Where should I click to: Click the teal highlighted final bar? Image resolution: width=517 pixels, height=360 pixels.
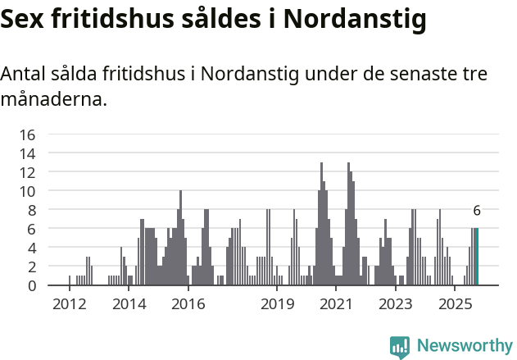477,257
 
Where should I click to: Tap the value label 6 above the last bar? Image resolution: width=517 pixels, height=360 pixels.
477,211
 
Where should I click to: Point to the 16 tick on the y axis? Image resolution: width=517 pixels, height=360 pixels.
28,134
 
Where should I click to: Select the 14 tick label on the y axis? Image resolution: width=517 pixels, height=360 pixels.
28,153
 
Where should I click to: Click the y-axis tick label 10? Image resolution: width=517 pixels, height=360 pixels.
28,191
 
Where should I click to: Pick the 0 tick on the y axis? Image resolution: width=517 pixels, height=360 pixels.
31,285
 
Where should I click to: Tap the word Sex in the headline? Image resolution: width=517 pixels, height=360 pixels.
24,19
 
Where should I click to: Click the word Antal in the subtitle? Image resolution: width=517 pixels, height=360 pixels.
25,74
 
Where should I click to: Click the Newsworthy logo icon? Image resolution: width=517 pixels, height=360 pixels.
400,346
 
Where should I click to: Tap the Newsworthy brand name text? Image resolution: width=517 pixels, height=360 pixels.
464,346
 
